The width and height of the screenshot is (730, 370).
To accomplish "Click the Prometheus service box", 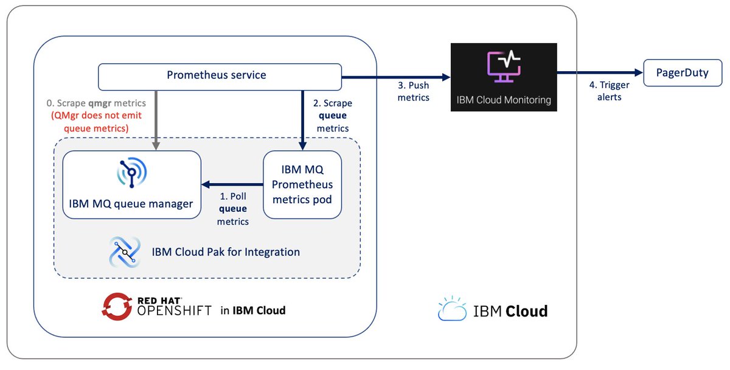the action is pyautogui.click(x=220, y=77).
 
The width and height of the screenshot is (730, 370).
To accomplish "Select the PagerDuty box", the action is pyautogui.click(x=683, y=72).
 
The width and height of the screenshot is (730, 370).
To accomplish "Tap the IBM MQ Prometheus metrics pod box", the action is pyautogui.click(x=302, y=184).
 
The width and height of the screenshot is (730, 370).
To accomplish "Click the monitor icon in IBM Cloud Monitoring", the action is pyautogui.click(x=504, y=66).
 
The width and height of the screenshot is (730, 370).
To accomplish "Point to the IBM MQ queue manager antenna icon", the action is pyautogui.click(x=131, y=172).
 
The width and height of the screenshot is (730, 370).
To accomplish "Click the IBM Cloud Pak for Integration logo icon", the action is pyautogui.click(x=125, y=252).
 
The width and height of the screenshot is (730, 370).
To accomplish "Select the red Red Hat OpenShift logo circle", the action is pyautogui.click(x=117, y=307).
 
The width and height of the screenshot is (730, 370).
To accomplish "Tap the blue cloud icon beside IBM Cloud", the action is pyautogui.click(x=453, y=309).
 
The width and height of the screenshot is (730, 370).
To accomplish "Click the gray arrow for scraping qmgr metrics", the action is pyautogui.click(x=156, y=120).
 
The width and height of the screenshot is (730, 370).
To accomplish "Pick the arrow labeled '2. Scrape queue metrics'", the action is pyautogui.click(x=303, y=120).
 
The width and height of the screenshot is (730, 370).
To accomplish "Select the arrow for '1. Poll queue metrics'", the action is pyautogui.click(x=232, y=184).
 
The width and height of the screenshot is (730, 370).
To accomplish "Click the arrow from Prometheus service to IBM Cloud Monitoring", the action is pyautogui.click(x=396, y=77).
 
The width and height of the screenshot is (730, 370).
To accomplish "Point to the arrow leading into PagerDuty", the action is pyautogui.click(x=600, y=72).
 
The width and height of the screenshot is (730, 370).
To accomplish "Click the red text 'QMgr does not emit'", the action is pyautogui.click(x=97, y=116).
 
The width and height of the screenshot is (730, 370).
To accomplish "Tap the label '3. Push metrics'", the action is pyautogui.click(x=413, y=91).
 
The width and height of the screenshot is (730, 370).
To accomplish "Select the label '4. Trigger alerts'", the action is pyautogui.click(x=609, y=91).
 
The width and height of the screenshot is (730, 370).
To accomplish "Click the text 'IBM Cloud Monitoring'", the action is pyautogui.click(x=504, y=100).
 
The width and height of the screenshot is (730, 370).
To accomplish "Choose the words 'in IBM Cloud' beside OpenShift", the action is pyautogui.click(x=253, y=310).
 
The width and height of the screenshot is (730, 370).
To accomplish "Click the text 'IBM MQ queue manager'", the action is pyautogui.click(x=131, y=204).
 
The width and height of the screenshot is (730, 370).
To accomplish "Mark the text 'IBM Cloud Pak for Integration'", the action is pyautogui.click(x=226, y=252).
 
